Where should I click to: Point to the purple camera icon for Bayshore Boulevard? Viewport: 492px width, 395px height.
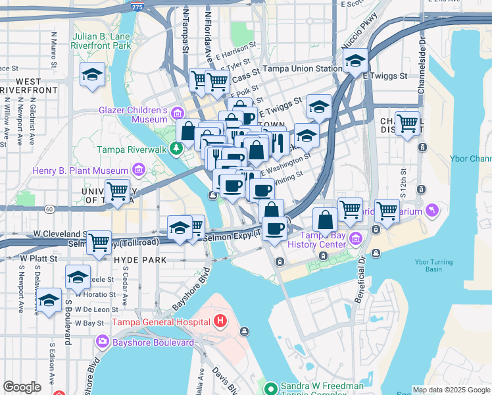[x=102, y=342]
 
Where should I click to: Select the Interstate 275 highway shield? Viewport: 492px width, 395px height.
[x=136, y=6]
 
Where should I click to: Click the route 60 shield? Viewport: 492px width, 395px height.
[x=49, y=209]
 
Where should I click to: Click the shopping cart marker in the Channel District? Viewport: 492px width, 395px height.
[x=407, y=122]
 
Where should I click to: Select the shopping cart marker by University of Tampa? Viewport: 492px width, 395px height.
[x=117, y=192]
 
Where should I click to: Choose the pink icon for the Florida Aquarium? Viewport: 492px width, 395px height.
[x=431, y=211]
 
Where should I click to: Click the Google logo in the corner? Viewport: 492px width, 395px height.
[x=22, y=387]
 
